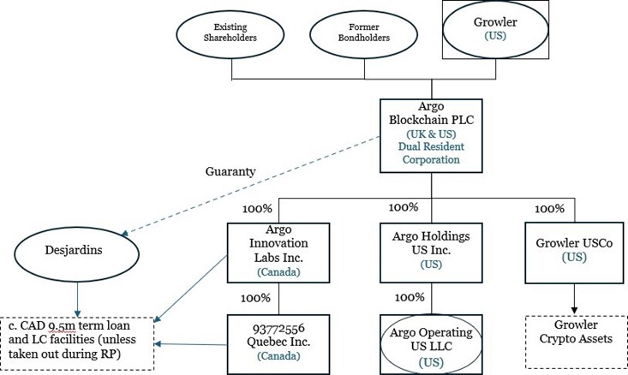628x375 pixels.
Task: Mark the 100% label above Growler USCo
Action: (549, 209)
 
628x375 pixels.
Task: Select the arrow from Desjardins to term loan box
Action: (76, 299)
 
